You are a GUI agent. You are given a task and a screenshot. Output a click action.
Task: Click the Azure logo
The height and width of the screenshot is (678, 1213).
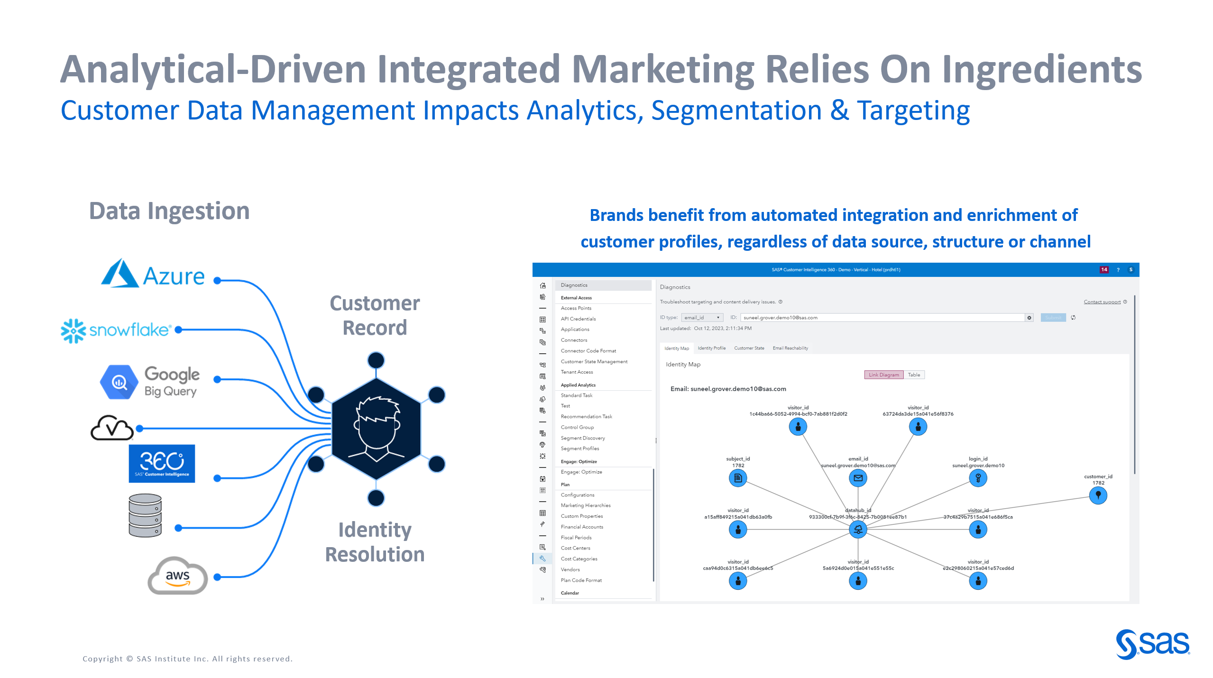[153, 274]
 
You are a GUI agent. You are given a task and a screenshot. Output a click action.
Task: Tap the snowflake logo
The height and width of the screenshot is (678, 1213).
[115, 330]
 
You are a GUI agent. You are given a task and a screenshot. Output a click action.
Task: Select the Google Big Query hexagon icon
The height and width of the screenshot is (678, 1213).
[119, 382]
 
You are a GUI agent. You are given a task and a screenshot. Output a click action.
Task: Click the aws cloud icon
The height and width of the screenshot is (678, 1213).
[177, 576]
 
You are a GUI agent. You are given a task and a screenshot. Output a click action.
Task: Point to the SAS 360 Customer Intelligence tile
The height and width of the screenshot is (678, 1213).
[162, 463]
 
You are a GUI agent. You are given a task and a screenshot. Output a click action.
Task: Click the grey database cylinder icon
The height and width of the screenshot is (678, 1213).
[145, 515]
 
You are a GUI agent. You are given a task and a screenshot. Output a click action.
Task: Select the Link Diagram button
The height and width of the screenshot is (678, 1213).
[883, 375]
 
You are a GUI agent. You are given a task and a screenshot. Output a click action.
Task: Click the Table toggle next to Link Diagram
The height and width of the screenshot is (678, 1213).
[914, 375]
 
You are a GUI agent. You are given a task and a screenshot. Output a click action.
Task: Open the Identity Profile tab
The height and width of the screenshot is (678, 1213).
[711, 348]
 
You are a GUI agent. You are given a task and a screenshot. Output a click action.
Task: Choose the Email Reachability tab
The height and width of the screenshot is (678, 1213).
[790, 348]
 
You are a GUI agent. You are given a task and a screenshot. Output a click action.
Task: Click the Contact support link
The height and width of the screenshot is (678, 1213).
[1102, 302]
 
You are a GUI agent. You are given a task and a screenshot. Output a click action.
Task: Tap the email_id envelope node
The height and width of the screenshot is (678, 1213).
[858, 478]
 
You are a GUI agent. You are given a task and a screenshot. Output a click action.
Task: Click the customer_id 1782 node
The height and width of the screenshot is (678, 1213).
[1098, 495]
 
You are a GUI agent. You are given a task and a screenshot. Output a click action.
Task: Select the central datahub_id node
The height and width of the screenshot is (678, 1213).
[858, 529]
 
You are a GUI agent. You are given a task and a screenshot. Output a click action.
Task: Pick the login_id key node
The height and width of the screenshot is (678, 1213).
[978, 478]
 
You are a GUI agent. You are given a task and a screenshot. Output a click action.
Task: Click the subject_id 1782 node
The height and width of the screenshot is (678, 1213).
[738, 478]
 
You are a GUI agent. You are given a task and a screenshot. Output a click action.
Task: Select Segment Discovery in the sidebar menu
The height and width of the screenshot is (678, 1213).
[582, 438]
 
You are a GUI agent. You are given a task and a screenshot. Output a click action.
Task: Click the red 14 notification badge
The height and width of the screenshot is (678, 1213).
[1104, 269]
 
